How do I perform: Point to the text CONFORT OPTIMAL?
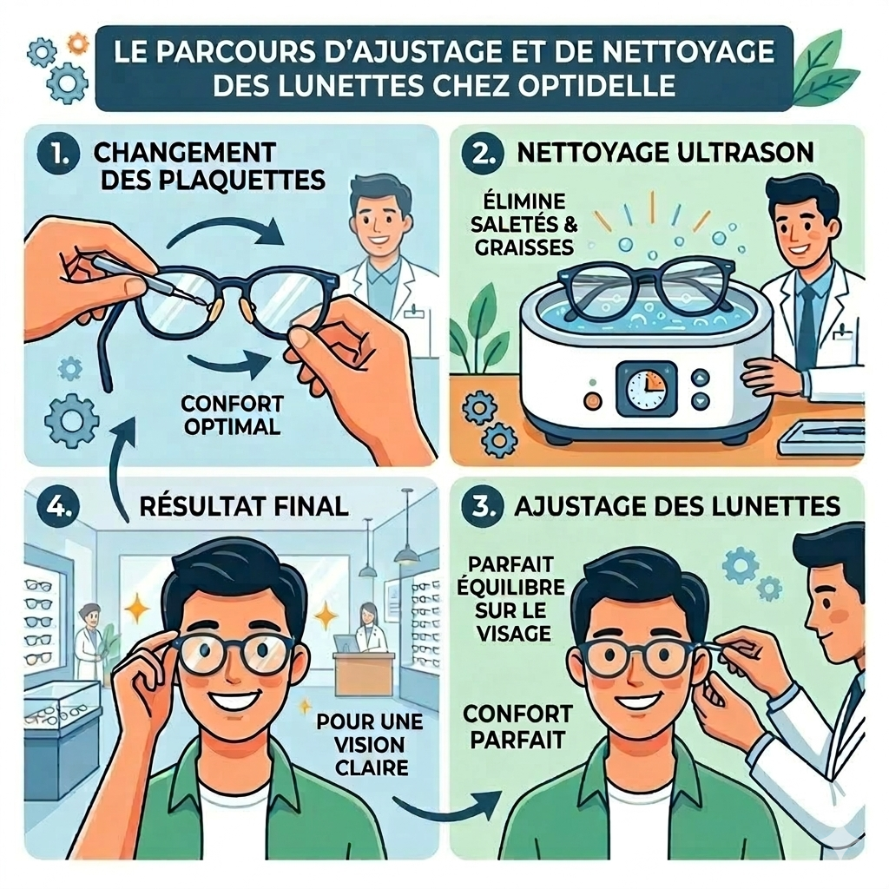(x=233, y=415)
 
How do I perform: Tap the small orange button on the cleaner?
(x=591, y=400)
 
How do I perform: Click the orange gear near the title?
(x=78, y=41)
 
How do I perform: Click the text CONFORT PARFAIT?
(x=517, y=728)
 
